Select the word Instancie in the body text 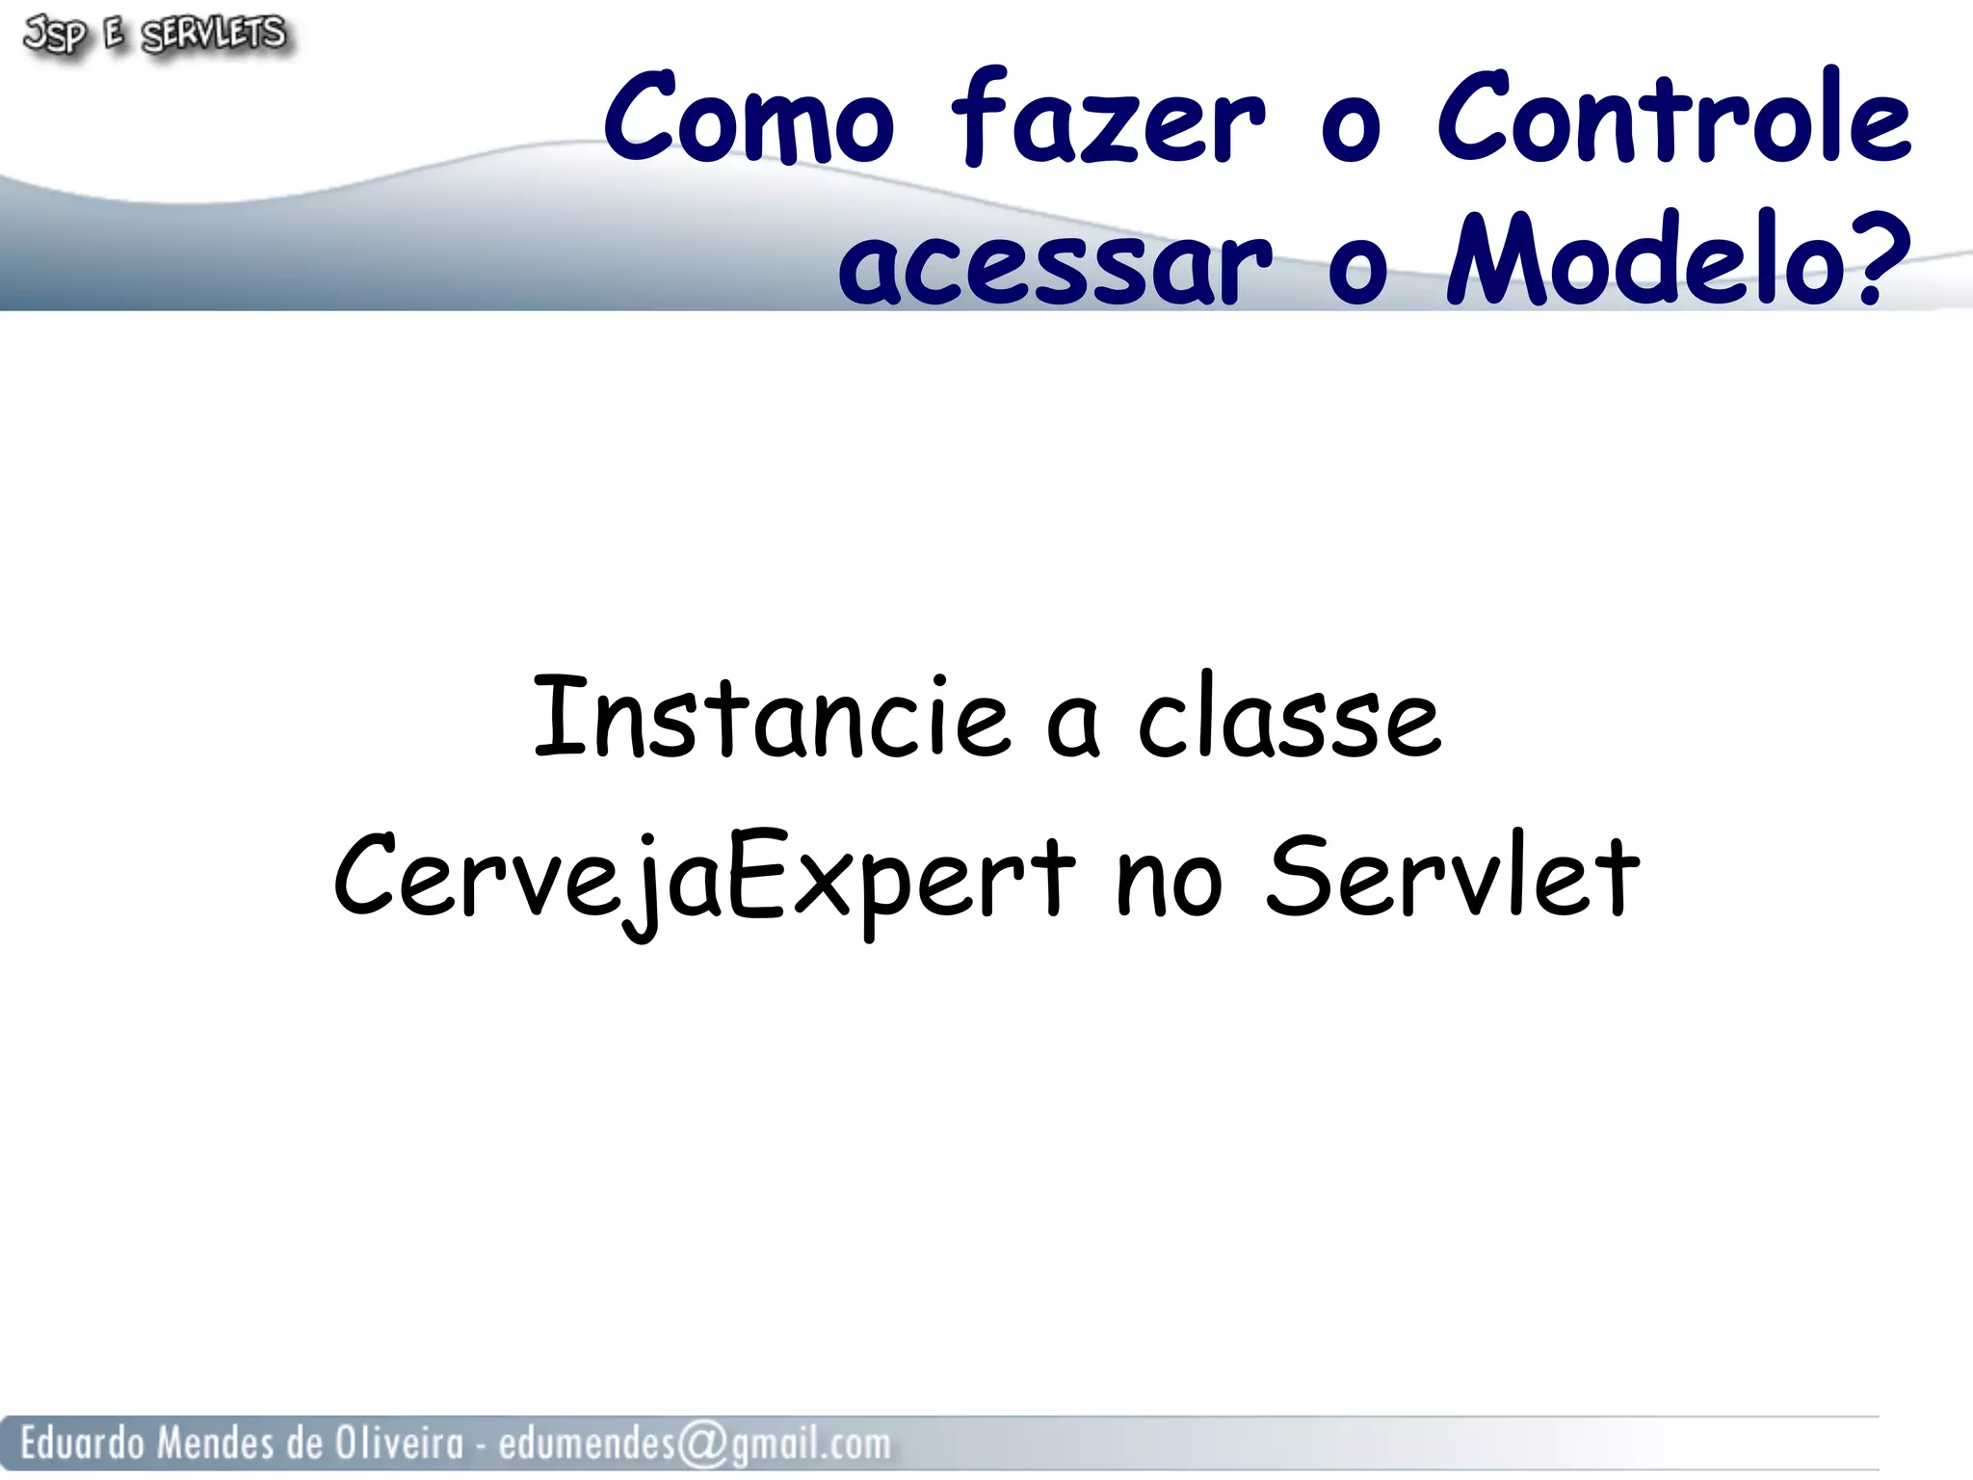click(x=771, y=718)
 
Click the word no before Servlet click(x=1169, y=882)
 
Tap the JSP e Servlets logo click(x=154, y=36)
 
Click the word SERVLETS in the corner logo click(x=214, y=35)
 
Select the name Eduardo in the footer click(x=81, y=1443)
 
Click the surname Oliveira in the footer click(x=399, y=1443)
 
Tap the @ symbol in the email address click(x=702, y=1444)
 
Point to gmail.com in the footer click(x=810, y=1444)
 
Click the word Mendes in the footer click(x=215, y=1443)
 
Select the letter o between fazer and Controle click(x=1351, y=130)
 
